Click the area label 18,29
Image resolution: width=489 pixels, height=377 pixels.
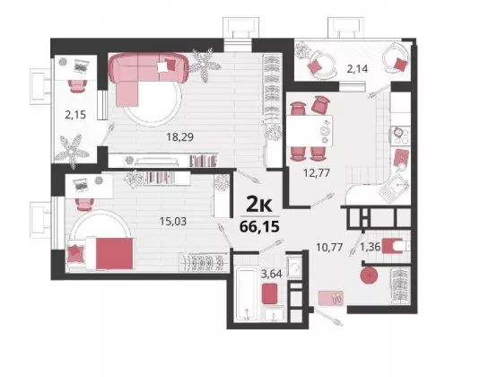pyautogui.click(x=180, y=136)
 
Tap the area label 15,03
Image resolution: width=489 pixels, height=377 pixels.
pyautogui.click(x=173, y=222)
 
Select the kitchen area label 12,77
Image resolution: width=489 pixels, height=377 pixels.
pyautogui.click(x=317, y=172)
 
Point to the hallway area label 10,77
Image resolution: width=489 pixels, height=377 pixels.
pyautogui.click(x=329, y=247)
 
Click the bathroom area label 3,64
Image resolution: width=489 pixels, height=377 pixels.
pyautogui.click(x=271, y=274)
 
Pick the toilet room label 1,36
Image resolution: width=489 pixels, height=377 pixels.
pyautogui.click(x=371, y=247)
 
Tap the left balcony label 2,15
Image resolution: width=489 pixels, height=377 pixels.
pyautogui.click(x=75, y=115)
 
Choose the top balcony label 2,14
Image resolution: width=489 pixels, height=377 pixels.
pyautogui.click(x=357, y=68)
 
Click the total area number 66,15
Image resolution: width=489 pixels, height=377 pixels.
pyautogui.click(x=259, y=226)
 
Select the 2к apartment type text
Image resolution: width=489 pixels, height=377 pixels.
pyautogui.click(x=259, y=205)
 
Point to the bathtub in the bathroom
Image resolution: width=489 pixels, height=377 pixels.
pyautogui.click(x=247, y=294)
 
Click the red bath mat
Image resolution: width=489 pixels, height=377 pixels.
pyautogui.click(x=270, y=294)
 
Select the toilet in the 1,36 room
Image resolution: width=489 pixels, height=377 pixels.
pyautogui.click(x=396, y=246)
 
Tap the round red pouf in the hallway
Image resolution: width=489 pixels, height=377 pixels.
pyautogui.click(x=369, y=276)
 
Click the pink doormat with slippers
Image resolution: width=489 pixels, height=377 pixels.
pyautogui.click(x=331, y=297)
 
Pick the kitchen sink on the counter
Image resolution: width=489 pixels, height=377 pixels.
pyautogui.click(x=394, y=187)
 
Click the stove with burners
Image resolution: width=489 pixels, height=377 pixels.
pyautogui.click(x=401, y=136)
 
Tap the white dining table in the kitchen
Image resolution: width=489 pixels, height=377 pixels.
pyautogui.click(x=310, y=131)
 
